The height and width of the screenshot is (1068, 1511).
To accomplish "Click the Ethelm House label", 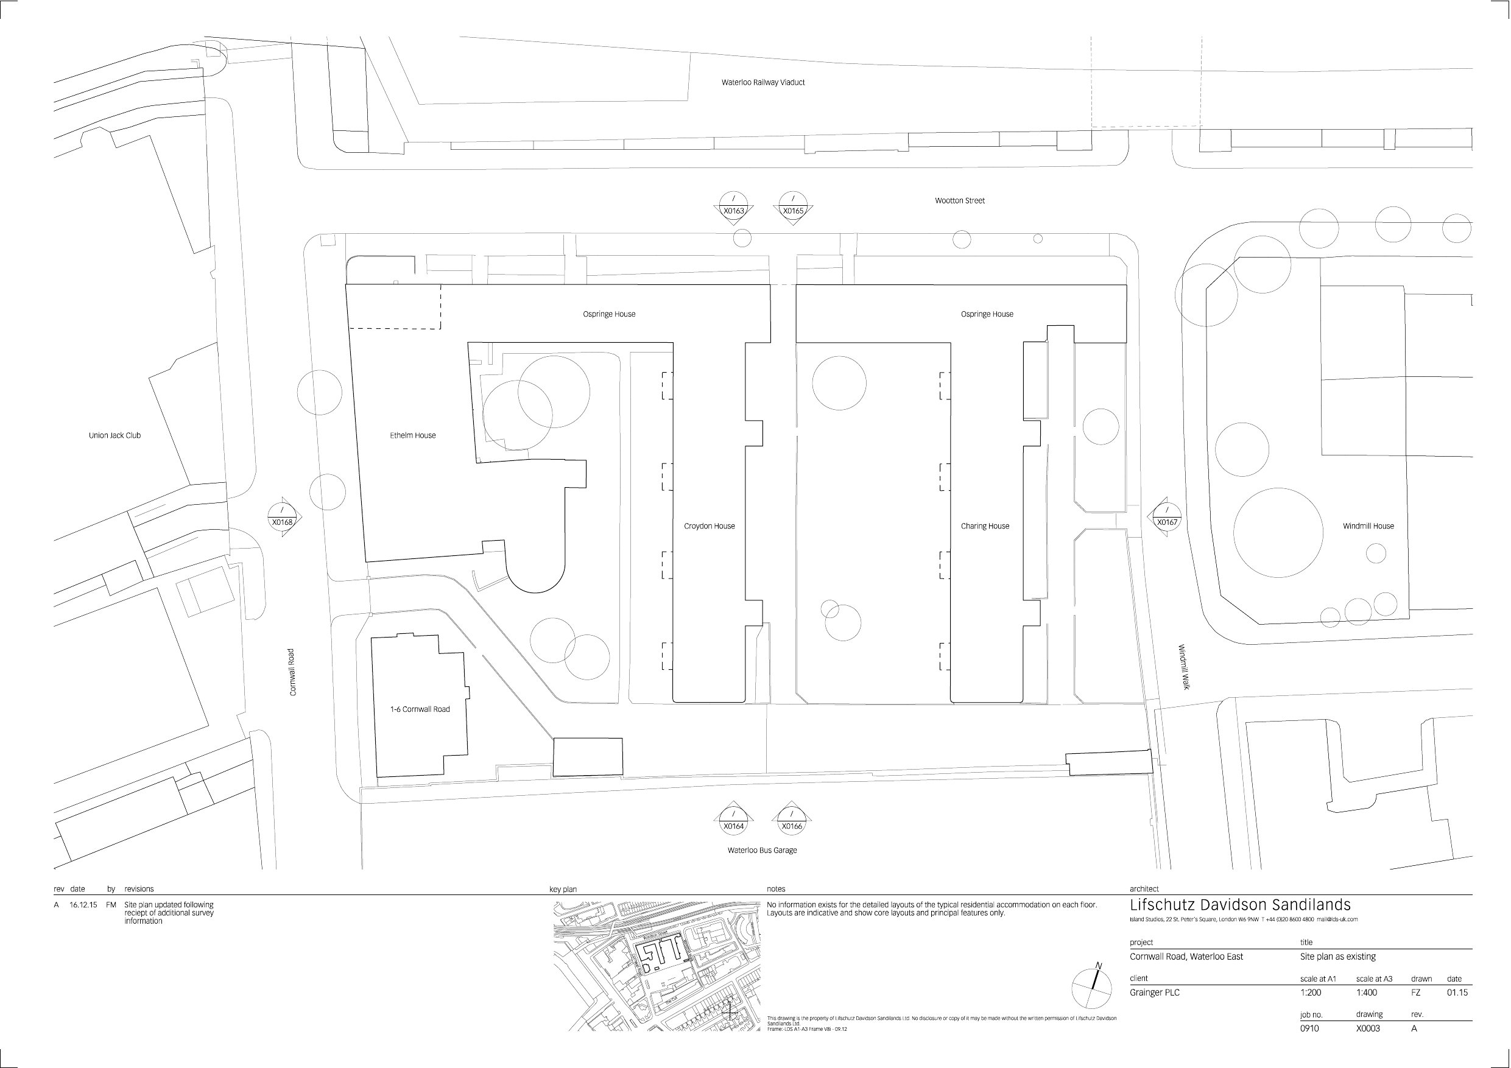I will pos(413,435).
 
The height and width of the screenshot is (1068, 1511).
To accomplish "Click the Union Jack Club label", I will pos(114,435).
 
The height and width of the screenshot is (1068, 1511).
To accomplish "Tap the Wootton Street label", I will pos(959,201).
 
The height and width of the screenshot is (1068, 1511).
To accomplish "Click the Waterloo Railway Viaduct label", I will pos(763,83).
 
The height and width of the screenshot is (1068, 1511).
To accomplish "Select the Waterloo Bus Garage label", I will pos(762,850).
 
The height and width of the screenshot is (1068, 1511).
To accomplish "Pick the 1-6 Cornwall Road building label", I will pos(420,709).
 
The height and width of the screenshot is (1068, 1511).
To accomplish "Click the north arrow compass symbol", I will pos(1092,989).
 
